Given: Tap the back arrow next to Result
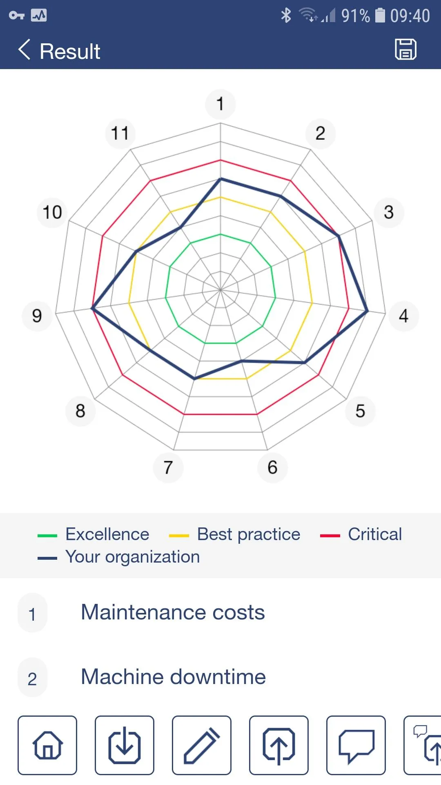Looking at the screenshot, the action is (24, 50).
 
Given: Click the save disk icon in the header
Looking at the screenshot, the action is (405, 49).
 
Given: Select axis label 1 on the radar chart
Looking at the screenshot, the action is (220, 104).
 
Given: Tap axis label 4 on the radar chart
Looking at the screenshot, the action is (403, 316).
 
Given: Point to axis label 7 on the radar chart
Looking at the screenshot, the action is (168, 467).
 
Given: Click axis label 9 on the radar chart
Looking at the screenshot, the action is (37, 316).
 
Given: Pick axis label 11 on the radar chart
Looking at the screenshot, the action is (120, 133).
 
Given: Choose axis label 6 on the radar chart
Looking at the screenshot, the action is (272, 467).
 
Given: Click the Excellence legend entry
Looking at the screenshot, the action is (94, 534).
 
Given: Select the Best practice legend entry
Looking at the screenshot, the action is (235, 534).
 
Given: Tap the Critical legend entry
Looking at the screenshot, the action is (361, 534).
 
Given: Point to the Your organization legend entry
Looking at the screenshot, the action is (119, 557).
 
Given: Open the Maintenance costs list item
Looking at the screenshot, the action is (173, 612).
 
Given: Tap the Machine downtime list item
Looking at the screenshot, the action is (174, 677).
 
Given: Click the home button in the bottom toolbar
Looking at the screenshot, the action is (47, 745).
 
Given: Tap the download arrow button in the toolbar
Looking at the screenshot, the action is (125, 745).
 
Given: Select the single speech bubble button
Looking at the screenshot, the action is (356, 745).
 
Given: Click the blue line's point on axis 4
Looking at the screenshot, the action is (367, 311).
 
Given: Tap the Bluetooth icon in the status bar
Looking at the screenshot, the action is (286, 16).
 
